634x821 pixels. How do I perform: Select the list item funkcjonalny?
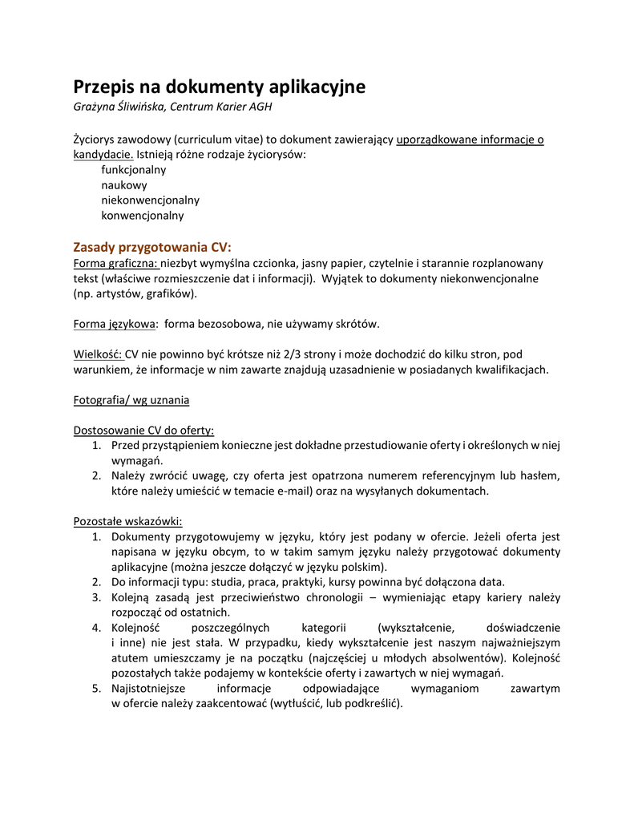click(133, 170)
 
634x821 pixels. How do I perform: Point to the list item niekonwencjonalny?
click(150, 200)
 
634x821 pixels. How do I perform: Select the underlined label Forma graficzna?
click(116, 263)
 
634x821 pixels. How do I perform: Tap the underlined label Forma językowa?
click(114, 324)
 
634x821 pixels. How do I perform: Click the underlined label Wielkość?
click(98, 354)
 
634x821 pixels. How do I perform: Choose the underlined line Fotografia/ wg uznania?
click(131, 400)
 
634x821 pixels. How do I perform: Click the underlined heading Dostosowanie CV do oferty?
click(143, 431)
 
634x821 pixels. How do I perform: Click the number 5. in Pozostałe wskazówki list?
click(96, 689)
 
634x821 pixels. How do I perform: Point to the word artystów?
click(118, 293)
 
